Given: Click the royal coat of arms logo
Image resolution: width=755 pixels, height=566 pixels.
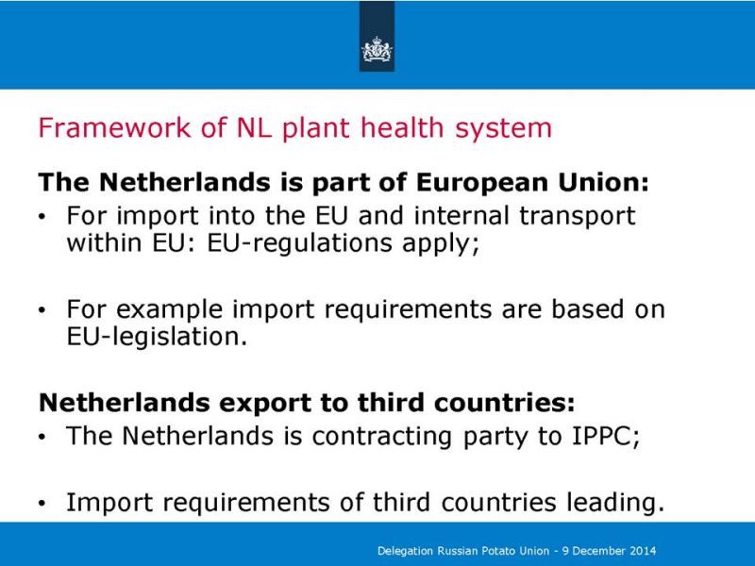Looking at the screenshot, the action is pos(377,50).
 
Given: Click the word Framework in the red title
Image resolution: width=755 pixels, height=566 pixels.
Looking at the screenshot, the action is pos(114,127).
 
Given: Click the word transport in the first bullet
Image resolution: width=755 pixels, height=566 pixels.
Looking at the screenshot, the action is pos(578,216).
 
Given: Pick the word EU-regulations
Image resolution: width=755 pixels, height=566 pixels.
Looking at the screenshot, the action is pos(299,243).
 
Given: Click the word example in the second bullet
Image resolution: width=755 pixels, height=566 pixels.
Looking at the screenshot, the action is pos(169,310).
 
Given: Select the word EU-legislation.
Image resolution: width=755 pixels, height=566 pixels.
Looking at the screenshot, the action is pos(157,337).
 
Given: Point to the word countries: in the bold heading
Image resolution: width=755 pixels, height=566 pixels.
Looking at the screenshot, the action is pos(504,403).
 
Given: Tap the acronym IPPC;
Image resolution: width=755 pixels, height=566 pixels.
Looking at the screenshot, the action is pos(606,436).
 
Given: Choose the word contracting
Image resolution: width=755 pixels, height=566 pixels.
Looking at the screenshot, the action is pos(382,437).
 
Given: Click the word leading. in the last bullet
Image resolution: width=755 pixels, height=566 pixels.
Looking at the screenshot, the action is pos(616,503).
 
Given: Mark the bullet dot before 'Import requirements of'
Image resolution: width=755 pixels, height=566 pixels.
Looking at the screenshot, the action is pos(42,504).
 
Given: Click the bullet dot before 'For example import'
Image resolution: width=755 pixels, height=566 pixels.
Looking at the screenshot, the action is pos(42,310).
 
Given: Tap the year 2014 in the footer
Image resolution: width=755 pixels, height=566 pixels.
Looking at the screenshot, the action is pos(644,551).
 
